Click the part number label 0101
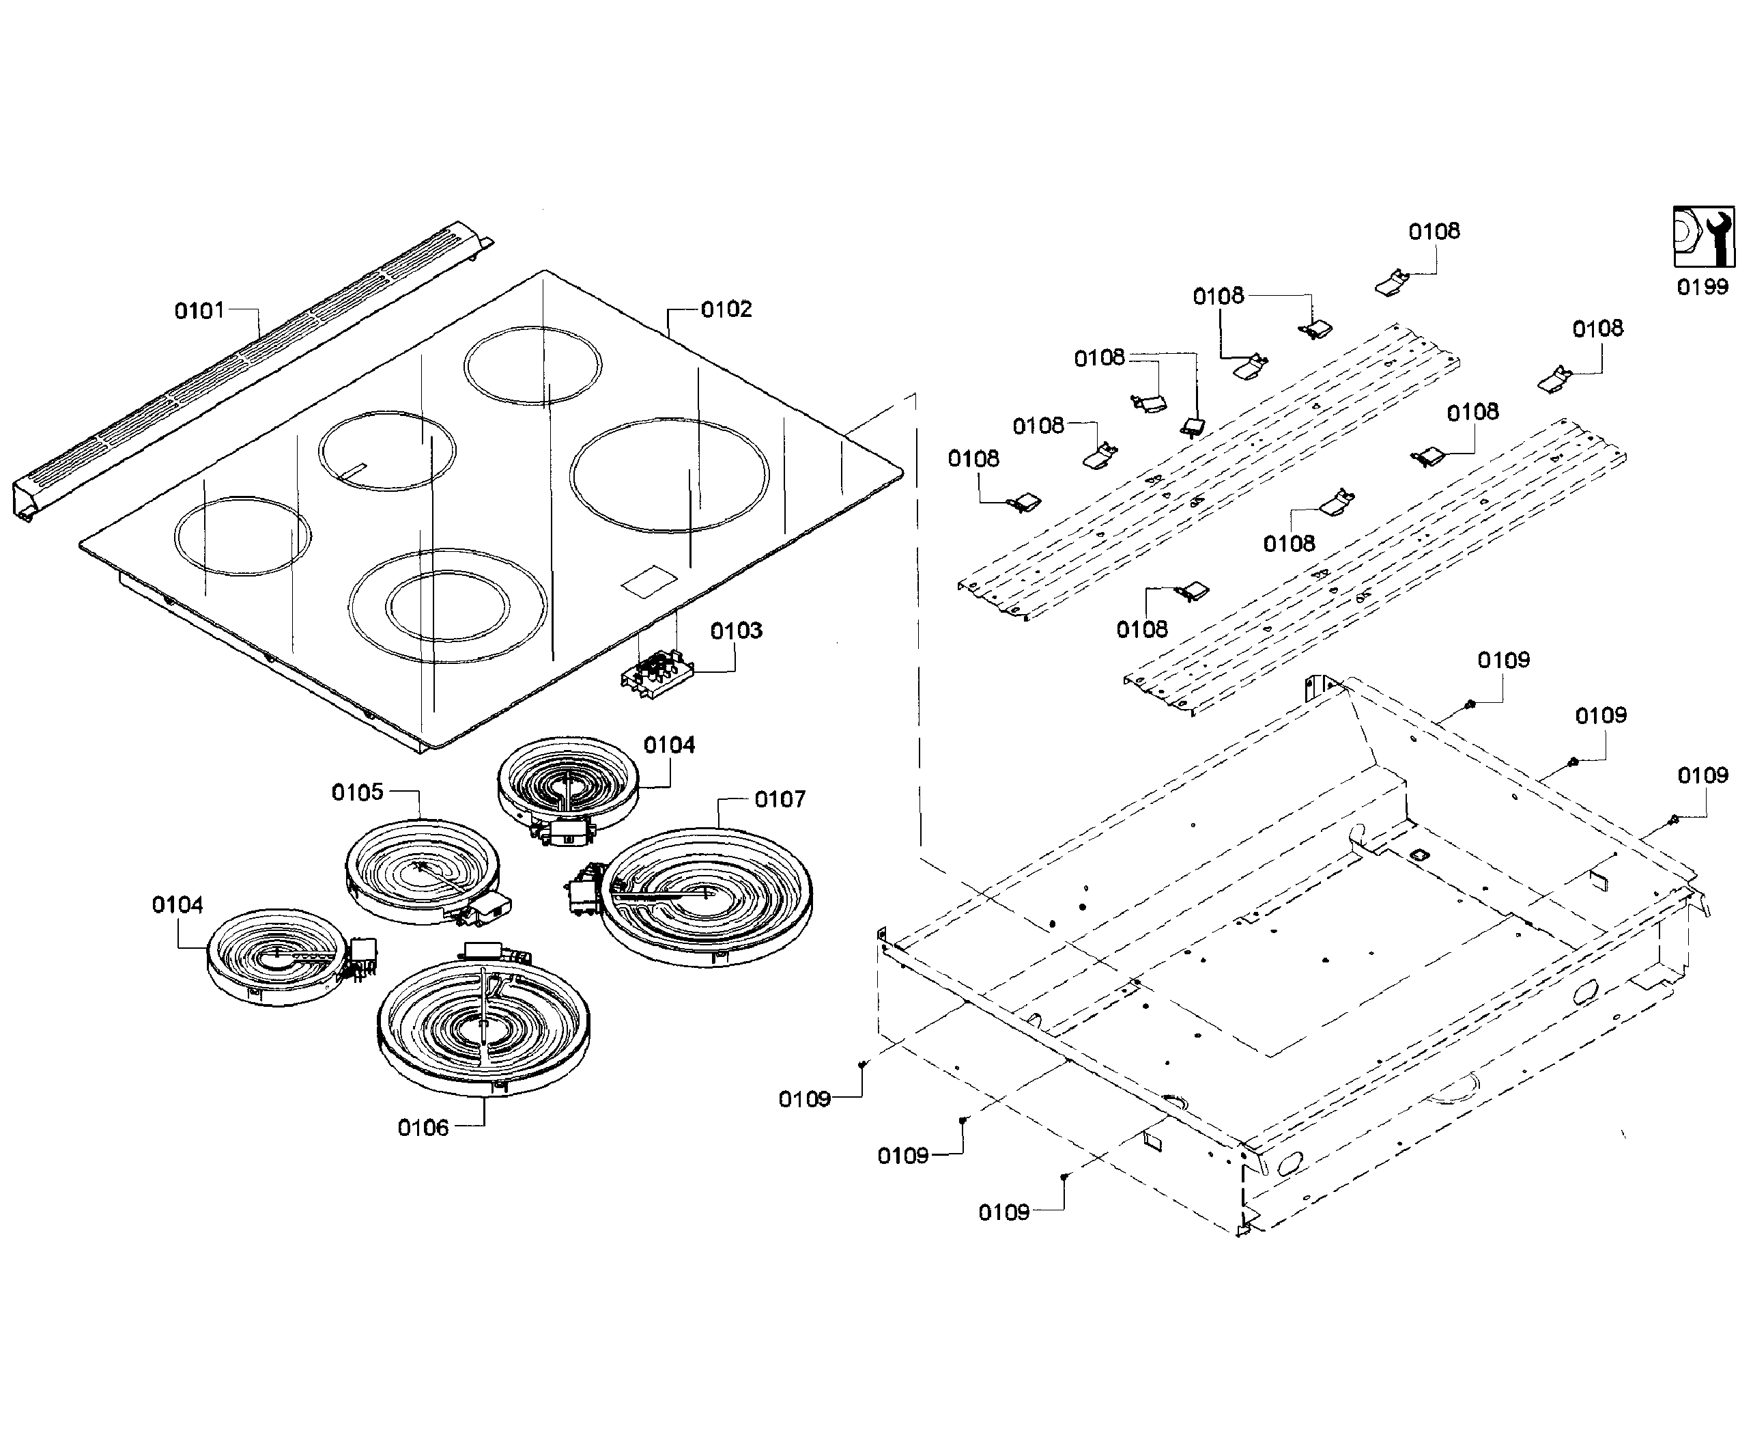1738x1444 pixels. point(199,311)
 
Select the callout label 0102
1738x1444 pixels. point(726,309)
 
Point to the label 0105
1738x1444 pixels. point(358,792)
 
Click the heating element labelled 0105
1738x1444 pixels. point(421,871)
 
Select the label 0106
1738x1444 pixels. point(423,1128)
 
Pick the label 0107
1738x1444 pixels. point(780,799)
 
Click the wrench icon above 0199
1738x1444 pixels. point(1704,237)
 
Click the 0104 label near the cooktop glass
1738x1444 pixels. point(669,745)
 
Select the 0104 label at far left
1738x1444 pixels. point(177,904)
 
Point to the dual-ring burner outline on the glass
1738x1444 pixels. point(447,605)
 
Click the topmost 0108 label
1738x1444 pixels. point(1434,231)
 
